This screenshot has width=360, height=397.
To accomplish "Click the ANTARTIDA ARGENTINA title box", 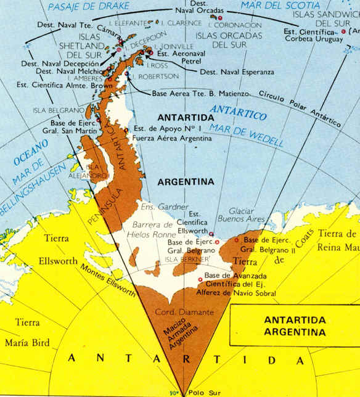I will [x=294, y=326].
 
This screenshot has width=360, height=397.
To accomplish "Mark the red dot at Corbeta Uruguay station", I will [x=343, y=31].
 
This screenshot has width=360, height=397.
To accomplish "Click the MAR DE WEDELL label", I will [x=246, y=136].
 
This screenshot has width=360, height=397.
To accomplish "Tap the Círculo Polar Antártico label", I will [x=299, y=110].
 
